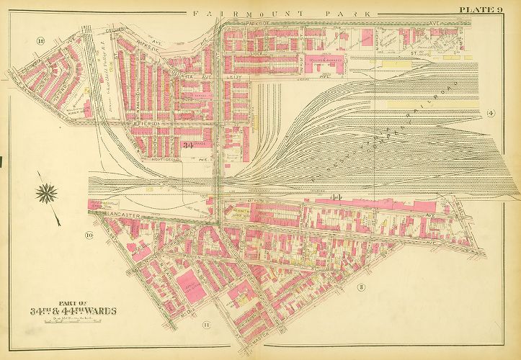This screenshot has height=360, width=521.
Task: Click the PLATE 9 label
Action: click(x=481, y=9)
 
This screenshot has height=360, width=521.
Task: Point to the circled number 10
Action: click(x=89, y=235)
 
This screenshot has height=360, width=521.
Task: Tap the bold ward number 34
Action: click(x=190, y=147)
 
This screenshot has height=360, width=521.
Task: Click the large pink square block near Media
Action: click(x=189, y=282)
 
